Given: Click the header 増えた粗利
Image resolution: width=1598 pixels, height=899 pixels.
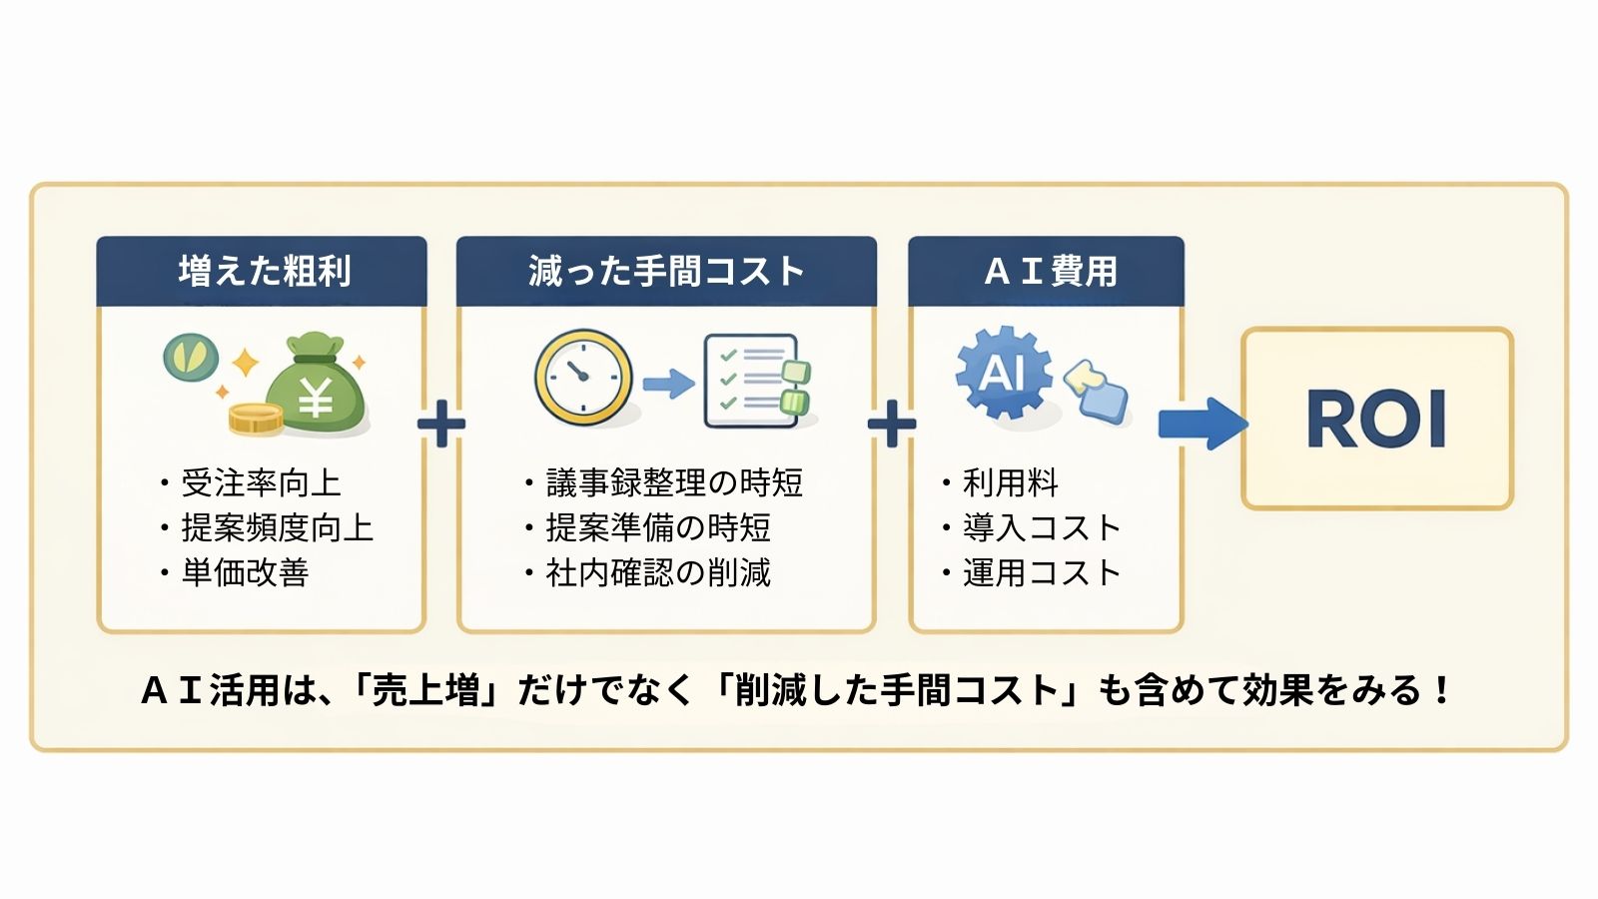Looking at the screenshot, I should (x=264, y=271).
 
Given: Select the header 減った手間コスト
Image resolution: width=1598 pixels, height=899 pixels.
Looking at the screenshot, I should (x=666, y=271).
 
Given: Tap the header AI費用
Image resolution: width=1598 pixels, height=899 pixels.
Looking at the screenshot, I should (x=1049, y=271).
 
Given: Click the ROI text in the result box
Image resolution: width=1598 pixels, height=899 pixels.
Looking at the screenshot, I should (x=1376, y=420).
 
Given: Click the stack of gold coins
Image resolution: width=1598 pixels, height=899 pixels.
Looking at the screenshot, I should (x=256, y=418).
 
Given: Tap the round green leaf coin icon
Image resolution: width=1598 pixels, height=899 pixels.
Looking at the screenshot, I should (x=191, y=357).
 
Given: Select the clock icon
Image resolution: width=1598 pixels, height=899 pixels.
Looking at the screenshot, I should (x=583, y=378).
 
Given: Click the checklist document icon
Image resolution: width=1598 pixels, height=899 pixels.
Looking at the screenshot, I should (x=754, y=381).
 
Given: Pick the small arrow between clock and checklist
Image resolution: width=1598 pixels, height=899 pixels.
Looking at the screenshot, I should (x=668, y=383).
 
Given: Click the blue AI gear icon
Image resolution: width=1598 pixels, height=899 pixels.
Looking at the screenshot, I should (x=1003, y=373).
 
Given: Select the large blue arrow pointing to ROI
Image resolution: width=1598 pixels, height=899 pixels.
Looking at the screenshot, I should (x=1201, y=423).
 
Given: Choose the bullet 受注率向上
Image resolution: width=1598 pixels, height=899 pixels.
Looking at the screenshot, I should (x=260, y=483).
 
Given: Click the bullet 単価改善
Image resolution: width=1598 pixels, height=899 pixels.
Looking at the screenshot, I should (x=245, y=572).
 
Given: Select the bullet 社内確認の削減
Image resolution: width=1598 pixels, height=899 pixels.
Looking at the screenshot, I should (x=658, y=572).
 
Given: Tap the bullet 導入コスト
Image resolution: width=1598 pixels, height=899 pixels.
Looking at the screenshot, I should (x=1041, y=527).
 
